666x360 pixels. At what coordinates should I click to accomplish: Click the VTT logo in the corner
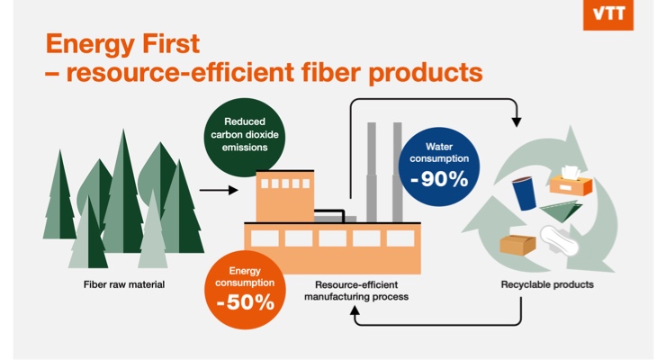[607, 15]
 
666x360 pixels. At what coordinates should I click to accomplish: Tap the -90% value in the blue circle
[439, 178]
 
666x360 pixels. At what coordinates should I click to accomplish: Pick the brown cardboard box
[517, 243]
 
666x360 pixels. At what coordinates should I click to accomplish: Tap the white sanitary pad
[560, 241]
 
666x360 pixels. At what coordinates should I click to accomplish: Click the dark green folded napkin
[562, 212]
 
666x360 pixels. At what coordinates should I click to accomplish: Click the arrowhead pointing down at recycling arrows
[517, 119]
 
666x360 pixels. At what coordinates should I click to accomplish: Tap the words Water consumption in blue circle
[439, 153]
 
